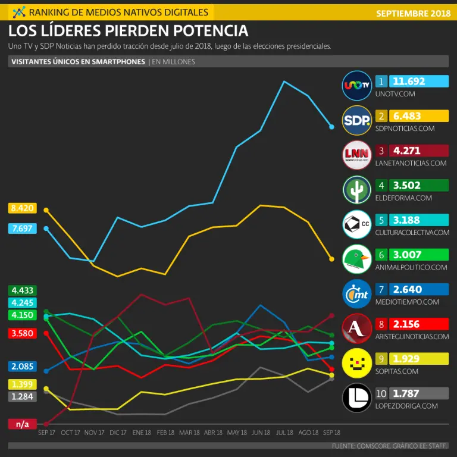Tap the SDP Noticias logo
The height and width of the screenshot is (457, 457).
357,121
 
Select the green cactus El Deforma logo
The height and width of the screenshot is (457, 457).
357,190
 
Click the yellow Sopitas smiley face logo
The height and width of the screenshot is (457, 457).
357,364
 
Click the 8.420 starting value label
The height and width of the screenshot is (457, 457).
22,208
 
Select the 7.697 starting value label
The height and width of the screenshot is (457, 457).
22,228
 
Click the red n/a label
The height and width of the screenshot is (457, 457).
22,424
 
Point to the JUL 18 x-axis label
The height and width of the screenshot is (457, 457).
284,433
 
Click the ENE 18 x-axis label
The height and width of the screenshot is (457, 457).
142,433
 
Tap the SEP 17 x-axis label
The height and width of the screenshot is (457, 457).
46,433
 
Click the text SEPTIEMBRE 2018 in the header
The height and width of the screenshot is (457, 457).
413,12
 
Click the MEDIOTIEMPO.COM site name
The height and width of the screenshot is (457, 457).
407,302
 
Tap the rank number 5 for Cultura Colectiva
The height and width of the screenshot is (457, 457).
381,220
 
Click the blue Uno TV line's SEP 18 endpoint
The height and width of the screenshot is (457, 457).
332,127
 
